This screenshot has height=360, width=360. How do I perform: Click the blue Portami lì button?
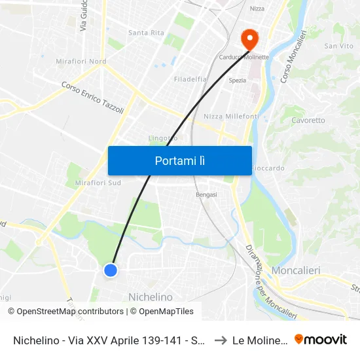(179, 160)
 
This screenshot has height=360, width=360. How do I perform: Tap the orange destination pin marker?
(249, 39)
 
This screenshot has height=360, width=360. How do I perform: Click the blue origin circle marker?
(111, 270)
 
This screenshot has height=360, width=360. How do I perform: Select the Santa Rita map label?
(146, 33)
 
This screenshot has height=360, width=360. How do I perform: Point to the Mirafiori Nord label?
(81, 62)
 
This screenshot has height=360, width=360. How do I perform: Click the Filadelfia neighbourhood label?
(190, 79)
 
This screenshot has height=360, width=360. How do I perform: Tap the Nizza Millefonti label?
(231, 116)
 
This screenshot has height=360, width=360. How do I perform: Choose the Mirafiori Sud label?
(98, 183)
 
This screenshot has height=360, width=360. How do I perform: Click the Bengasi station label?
(206, 194)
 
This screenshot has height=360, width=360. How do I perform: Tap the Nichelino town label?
(151, 297)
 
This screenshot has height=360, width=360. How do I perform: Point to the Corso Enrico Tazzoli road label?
(92, 98)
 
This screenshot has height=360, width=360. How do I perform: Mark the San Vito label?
(338, 46)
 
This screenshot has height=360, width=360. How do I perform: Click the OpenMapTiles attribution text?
(166, 312)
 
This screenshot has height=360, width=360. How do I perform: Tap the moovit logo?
(321, 339)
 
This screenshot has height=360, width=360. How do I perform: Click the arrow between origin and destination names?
(220, 340)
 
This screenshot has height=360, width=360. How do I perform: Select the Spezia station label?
(237, 81)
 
